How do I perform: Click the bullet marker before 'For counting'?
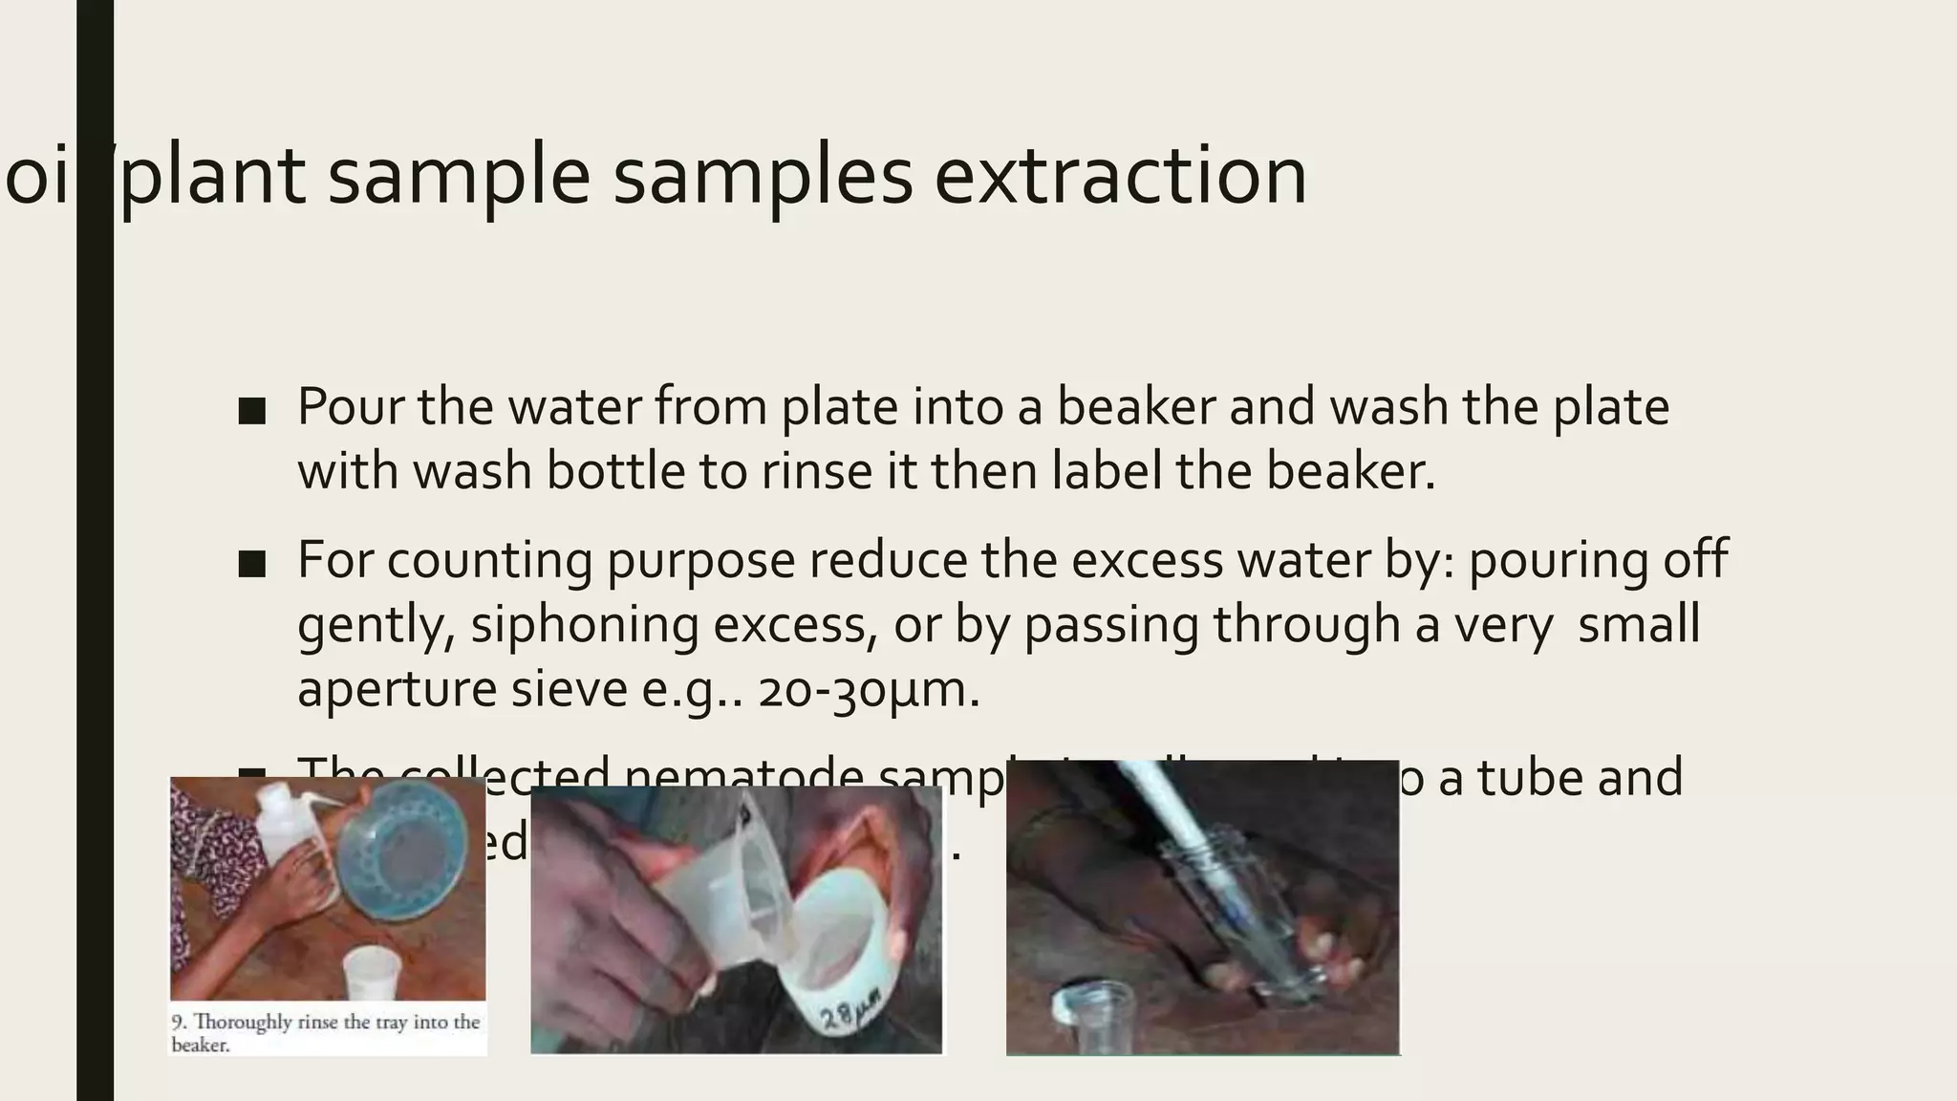(252, 564)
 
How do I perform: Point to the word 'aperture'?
(396, 691)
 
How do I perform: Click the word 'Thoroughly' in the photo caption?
(243, 1022)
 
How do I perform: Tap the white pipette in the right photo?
(1185, 841)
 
